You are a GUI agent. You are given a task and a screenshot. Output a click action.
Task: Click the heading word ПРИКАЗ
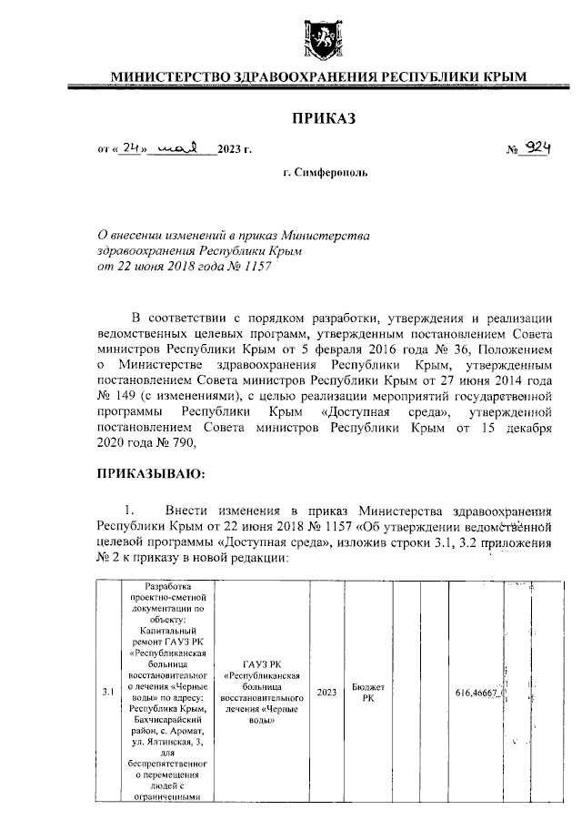coord(318,117)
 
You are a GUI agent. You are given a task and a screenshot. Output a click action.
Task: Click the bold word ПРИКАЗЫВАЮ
coord(150,474)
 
